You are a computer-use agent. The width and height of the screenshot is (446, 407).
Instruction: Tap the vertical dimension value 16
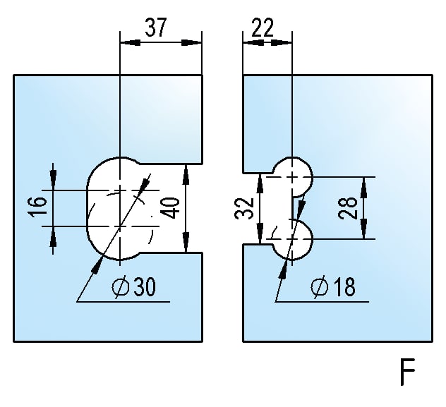point(40,206)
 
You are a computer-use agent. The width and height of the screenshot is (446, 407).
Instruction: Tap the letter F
point(406,373)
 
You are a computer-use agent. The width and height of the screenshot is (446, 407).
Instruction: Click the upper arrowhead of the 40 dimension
point(186,171)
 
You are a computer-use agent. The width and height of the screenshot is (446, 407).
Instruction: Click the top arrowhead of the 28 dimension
point(364,183)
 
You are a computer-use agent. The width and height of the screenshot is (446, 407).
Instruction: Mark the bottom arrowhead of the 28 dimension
point(364,233)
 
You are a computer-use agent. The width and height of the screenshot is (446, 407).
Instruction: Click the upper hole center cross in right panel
point(291,176)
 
